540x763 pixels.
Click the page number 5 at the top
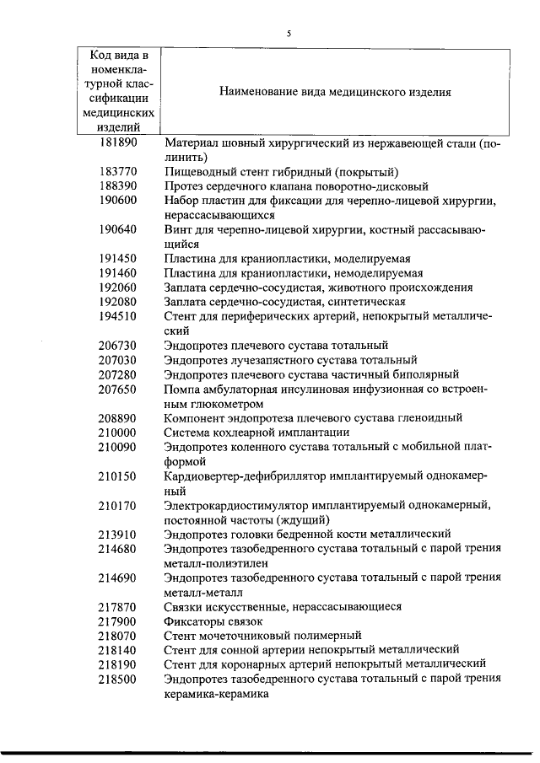pyautogui.click(x=289, y=34)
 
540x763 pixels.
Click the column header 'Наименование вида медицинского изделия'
pyautogui.click(x=335, y=92)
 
